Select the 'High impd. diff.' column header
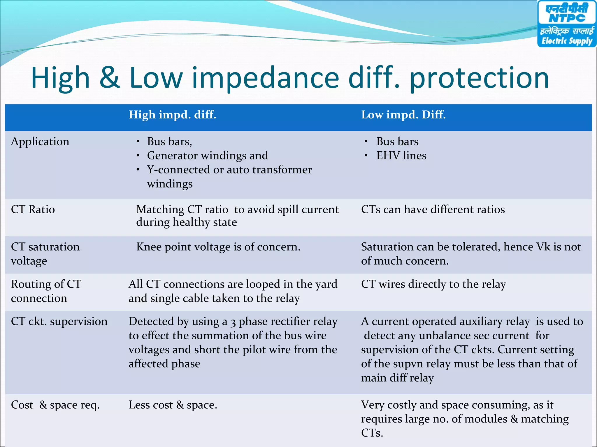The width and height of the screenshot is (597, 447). pos(172,115)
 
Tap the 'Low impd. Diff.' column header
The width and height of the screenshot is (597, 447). pos(403,115)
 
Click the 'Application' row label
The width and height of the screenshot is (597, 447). pos(40,142)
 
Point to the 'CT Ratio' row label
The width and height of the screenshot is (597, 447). pos(33,210)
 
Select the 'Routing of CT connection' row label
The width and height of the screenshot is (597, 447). pos(46,291)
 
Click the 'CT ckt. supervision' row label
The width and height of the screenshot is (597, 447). pos(59,321)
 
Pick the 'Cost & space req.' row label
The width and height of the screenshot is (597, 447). pos(55,405)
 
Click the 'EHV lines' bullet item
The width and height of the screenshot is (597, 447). pos(401,156)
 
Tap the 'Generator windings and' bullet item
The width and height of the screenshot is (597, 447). pos(207,156)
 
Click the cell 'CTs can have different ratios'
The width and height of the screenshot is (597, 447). pos(433,210)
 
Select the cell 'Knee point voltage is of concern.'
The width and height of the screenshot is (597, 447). pos(218,247)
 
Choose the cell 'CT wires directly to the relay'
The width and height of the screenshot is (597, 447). pos(433,284)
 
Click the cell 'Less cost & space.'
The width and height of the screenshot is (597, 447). pos(173,405)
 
